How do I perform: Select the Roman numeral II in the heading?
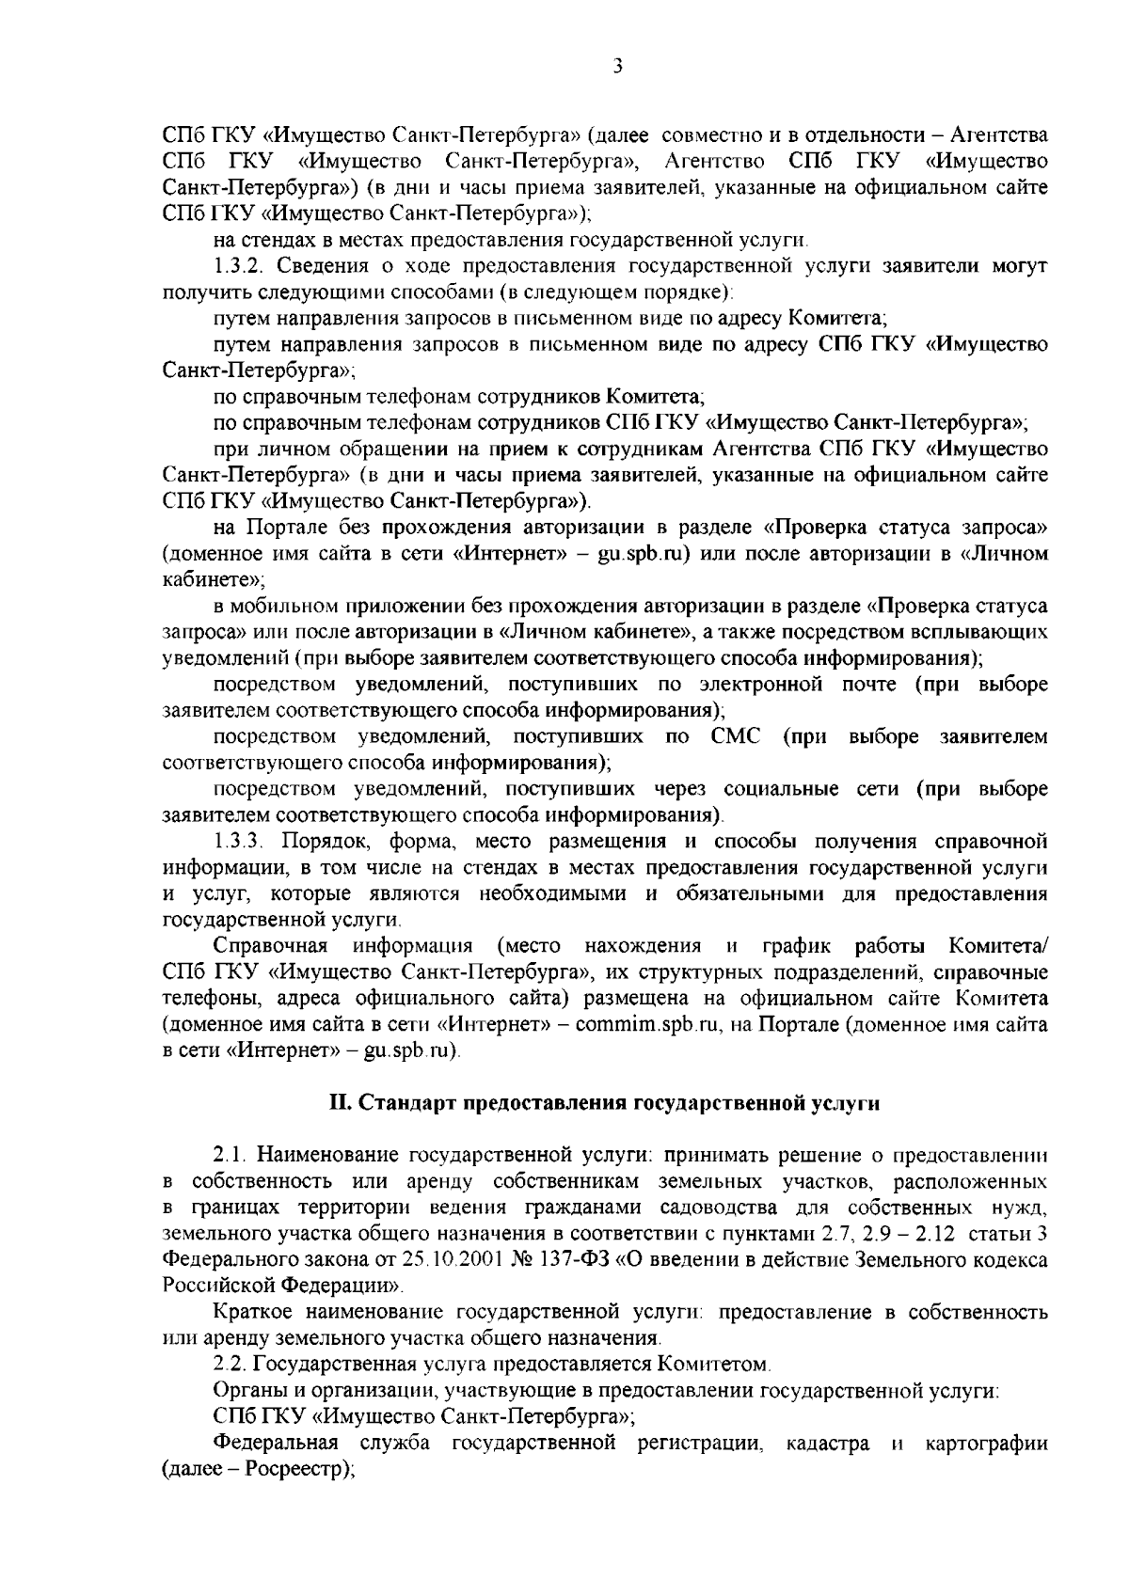337,1103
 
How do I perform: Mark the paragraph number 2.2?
228,1363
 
